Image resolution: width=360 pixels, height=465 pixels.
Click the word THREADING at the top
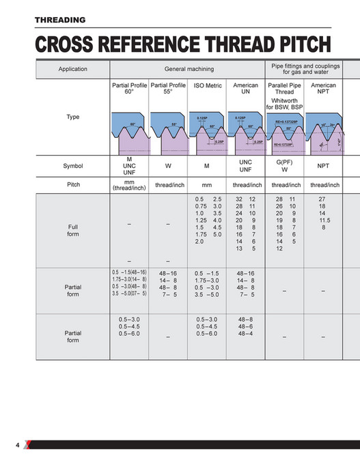coord(60,20)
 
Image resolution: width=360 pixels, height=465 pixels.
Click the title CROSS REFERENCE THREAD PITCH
coord(183,45)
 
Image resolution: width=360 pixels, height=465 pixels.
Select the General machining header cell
coord(189,69)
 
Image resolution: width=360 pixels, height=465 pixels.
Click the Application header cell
coord(73,69)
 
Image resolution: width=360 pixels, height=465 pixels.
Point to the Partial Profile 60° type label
coord(129,89)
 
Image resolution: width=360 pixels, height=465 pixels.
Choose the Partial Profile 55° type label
coord(168,89)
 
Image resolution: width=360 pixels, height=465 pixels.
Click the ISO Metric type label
coord(208,86)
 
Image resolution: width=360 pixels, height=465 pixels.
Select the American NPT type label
coord(323,89)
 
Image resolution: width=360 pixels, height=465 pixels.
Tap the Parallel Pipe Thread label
coord(284,89)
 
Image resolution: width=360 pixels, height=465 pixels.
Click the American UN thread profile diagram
coord(246,130)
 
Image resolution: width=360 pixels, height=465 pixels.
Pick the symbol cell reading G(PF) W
coord(284,166)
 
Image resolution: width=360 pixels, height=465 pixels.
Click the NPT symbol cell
coord(323,166)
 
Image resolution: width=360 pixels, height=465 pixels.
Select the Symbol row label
coord(73,166)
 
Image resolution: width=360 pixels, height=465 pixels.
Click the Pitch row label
coord(73,184)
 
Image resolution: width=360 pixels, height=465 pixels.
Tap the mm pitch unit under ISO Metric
coord(208,185)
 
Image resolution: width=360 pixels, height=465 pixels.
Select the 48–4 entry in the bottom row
coord(245,333)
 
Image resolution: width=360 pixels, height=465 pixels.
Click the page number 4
coord(18,445)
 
